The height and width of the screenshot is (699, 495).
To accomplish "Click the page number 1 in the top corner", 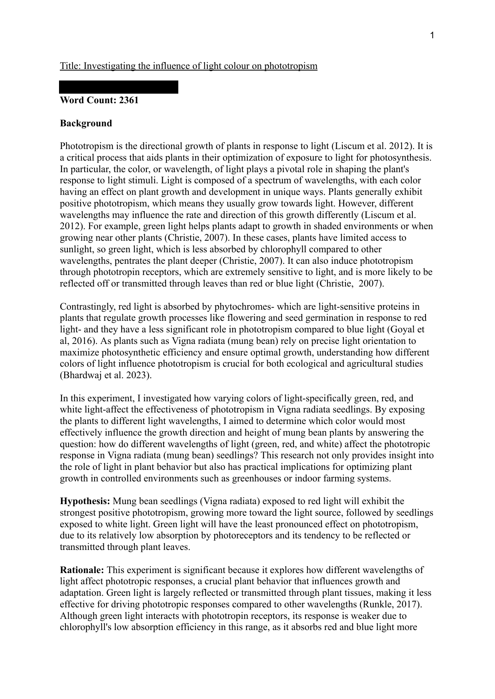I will [432, 36].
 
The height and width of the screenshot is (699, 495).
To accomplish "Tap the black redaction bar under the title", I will [118, 87].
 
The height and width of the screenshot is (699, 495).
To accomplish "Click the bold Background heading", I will [86, 123].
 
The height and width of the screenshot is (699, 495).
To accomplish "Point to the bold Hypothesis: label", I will [85, 501].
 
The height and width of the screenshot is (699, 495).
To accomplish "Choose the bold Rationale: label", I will [82, 570].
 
